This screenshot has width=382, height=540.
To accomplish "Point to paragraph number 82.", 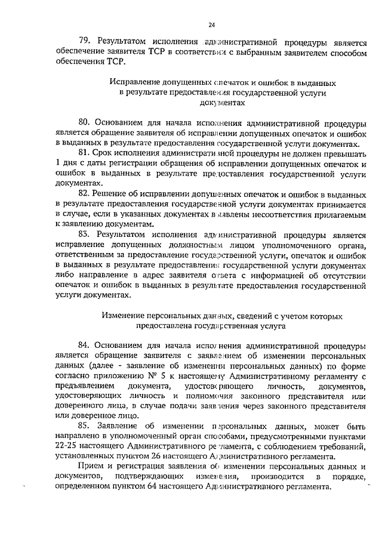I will [85, 195].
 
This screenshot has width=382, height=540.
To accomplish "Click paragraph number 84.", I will [85, 345].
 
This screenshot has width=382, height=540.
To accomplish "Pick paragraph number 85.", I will [85, 425].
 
